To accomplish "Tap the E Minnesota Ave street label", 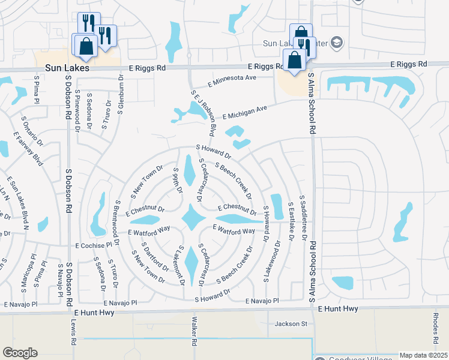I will pyautogui.click(x=232, y=79).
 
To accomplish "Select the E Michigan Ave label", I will pyautogui.click(x=244, y=112).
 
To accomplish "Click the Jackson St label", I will pyautogui.click(x=291, y=324).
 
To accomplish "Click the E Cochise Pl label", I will pyautogui.click(x=94, y=245).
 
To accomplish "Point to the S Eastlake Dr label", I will pyautogui.click(x=291, y=221).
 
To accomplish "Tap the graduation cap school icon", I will pyautogui.click(x=337, y=42).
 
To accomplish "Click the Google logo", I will pyautogui.click(x=20, y=353).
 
